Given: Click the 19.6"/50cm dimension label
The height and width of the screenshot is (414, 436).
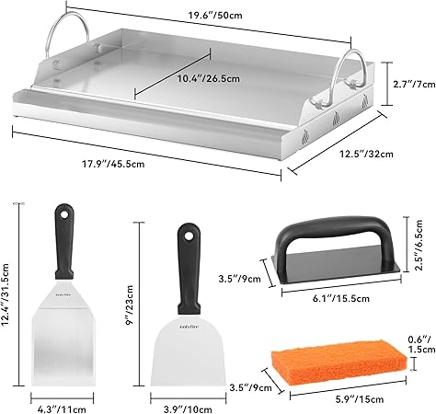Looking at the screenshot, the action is pos(215,15).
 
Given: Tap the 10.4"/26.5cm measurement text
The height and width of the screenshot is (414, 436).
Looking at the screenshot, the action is pos(209,78).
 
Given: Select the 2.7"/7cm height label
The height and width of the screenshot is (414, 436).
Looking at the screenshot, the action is pos(414,84).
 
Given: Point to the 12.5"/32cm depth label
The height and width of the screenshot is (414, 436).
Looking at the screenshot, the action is pos(366,154).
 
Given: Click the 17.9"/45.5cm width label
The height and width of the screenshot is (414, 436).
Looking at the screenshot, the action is pos(113,164).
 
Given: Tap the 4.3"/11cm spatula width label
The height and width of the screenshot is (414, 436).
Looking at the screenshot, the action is pos(62,409).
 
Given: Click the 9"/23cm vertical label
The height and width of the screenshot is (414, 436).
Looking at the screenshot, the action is pos(130,305).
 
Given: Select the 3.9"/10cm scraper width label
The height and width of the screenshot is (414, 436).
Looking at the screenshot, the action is pos(188,409).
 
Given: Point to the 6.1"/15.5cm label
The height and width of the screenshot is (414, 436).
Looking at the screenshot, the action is pos(341,298).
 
